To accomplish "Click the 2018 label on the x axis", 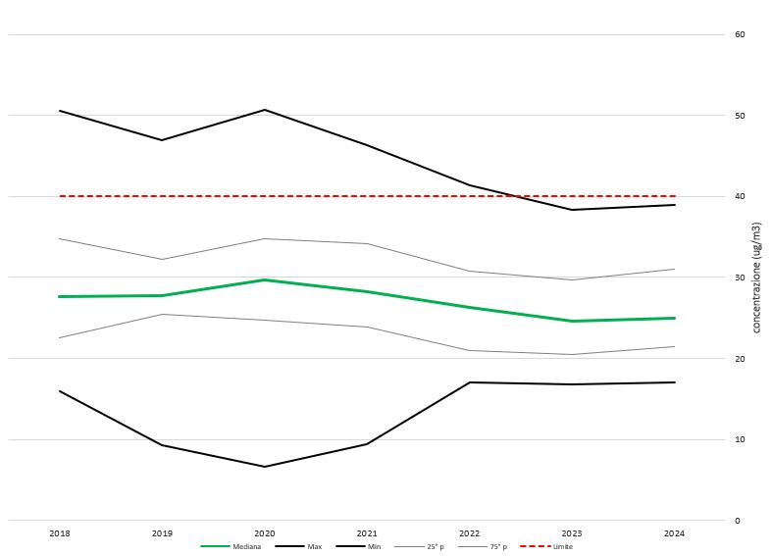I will coord(59,533).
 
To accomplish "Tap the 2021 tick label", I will coord(367,533).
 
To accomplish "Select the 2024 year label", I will coord(675,533).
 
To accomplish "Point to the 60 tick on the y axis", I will coord(740,35).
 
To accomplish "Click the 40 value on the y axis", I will coord(740,197).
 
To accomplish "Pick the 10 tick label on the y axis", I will coord(740,439).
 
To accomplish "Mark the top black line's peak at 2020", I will coord(265,110).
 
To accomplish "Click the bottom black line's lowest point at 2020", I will coord(265,467).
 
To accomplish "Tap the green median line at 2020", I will coord(265,279).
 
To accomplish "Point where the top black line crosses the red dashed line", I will coord(510,196).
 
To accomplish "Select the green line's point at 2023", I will coord(572,321).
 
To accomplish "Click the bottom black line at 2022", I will coord(470,382).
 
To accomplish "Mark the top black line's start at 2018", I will coord(60,111).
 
